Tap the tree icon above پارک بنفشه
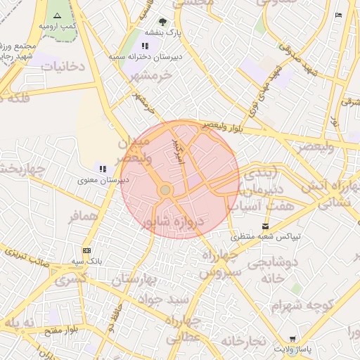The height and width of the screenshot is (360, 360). (x=163, y=22)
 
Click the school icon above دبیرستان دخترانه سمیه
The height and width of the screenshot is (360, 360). (x=146, y=46)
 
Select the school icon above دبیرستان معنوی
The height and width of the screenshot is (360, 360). (x=103, y=169)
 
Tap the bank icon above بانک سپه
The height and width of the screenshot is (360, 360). (x=86, y=250)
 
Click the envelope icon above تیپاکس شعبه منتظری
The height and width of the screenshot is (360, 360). (x=265, y=226)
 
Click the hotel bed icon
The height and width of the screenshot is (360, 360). (x=338, y=15)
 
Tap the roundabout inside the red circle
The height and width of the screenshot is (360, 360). (x=165, y=190)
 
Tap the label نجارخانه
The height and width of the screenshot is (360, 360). (x=243, y=341)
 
